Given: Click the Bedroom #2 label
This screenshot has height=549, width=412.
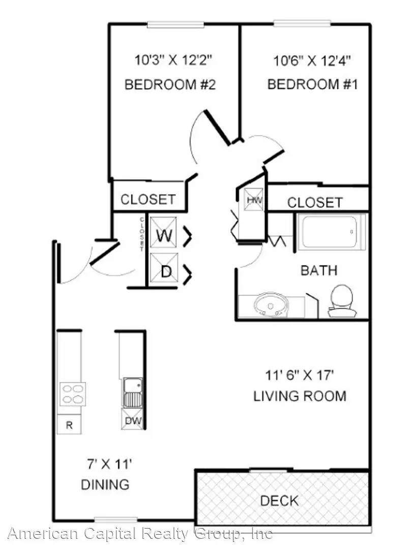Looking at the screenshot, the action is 170,84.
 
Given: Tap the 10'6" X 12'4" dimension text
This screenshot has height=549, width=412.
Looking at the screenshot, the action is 312,61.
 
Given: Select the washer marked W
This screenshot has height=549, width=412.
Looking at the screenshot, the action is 164,232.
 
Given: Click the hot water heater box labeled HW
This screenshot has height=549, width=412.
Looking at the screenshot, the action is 253,200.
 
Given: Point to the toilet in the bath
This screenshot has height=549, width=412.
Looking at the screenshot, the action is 342,300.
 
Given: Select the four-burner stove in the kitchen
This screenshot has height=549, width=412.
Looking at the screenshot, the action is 73,394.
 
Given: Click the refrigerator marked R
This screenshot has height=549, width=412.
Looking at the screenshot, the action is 69,424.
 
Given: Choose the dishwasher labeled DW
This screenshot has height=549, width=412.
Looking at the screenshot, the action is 133,420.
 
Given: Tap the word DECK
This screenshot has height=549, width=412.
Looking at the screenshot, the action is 279,501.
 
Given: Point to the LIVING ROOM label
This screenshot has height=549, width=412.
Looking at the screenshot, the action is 300,396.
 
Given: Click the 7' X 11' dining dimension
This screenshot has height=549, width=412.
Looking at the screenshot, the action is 109,464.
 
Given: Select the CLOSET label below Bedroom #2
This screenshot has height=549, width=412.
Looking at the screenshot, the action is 148,199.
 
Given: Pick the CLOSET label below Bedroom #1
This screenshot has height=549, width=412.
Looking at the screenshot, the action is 315,202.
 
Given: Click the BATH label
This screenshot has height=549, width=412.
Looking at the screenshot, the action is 319,270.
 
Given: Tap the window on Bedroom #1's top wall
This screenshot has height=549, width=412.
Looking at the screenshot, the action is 302,24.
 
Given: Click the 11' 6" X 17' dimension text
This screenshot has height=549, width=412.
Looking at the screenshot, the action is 299,375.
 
